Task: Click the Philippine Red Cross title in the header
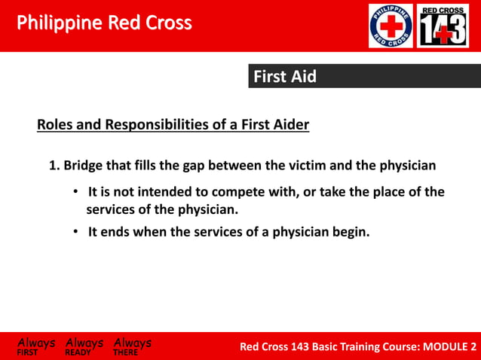(104, 23)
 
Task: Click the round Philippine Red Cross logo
(391, 26)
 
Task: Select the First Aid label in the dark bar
(284, 76)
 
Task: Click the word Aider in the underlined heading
(290, 124)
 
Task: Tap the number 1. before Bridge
(54, 165)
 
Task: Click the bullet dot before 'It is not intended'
(76, 192)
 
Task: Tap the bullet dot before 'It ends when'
(76, 232)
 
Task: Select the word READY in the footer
(78, 352)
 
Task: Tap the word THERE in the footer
(126, 352)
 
